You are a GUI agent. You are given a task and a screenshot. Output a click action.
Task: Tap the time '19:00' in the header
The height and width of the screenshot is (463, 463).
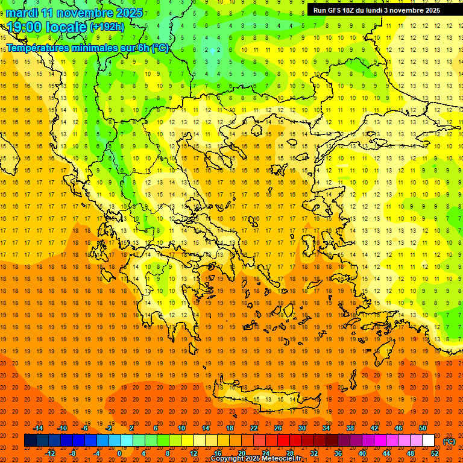pos(25,28)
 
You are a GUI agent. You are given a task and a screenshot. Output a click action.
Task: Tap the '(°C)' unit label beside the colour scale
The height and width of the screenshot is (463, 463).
pos(449,441)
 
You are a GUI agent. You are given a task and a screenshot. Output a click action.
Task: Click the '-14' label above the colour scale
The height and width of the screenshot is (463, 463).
pos(38,428)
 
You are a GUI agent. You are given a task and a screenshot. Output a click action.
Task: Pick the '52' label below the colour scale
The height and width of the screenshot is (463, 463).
pos(435,453)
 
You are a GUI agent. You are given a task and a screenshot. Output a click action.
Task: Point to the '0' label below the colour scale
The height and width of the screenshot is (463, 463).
pos(119,453)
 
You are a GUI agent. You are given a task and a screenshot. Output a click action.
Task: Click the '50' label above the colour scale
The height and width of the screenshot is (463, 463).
pos(423,428)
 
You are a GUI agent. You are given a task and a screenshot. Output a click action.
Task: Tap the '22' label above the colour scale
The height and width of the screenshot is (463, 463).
pos(254,428)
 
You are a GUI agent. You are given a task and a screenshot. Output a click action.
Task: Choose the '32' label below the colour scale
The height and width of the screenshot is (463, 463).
pos(313,453)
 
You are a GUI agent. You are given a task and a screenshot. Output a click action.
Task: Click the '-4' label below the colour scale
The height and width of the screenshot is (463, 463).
pos(96,453)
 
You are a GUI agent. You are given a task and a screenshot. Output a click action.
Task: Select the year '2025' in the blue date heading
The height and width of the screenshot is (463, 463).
pos(128,13)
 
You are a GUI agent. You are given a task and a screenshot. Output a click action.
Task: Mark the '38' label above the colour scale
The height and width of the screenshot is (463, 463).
pos(350,428)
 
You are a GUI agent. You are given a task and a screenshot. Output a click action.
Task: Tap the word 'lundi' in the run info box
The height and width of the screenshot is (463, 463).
pos(373,10)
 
